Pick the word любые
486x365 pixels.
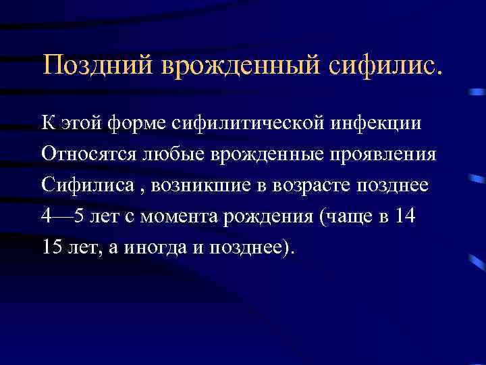[x=165, y=155]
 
